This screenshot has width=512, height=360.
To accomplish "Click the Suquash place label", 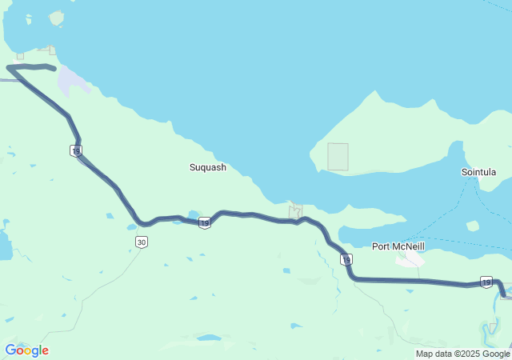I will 207,167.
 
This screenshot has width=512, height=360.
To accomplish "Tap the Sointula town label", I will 479,172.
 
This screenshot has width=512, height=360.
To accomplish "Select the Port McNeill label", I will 398,246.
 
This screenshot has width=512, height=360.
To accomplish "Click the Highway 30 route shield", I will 141,242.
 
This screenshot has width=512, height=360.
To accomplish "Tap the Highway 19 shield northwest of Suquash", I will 76,150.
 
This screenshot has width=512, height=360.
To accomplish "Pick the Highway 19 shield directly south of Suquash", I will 205,222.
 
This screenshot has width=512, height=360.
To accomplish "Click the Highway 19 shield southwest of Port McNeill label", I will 346,259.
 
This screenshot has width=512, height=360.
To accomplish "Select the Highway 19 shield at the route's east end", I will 486,282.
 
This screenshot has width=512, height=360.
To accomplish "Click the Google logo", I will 26,350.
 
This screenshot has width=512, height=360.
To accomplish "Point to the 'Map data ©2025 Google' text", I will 462,354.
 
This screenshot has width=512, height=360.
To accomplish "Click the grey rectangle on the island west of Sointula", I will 338,157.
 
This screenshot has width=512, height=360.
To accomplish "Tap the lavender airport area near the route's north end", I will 69,81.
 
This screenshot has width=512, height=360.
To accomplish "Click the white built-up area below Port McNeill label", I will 410,259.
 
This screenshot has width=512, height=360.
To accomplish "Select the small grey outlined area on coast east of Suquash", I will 295,211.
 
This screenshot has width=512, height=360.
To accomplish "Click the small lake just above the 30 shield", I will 132,227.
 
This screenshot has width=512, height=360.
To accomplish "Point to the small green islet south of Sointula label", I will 473,226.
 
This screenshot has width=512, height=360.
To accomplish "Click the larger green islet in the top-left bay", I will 56,18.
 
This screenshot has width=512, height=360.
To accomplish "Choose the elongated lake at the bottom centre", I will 209,338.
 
